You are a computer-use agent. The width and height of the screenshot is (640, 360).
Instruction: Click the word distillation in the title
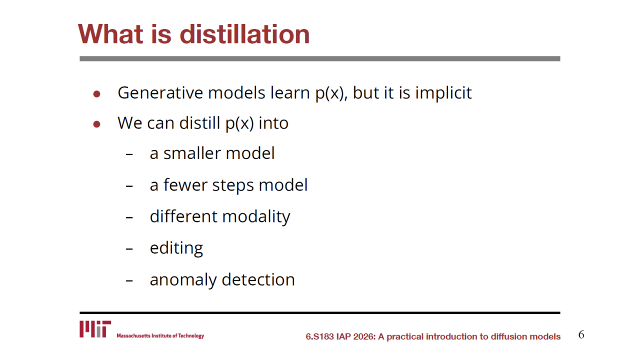pos(244,34)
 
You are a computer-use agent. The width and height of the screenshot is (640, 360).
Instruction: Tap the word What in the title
pos(110,34)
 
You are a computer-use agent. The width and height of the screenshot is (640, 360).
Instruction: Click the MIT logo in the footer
pos(95,329)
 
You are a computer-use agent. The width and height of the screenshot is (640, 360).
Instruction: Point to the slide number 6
pos(581,334)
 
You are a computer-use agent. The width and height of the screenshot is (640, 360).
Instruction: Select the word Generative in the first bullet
pos(160,92)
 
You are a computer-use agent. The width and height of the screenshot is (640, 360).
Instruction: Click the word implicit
pos(443,93)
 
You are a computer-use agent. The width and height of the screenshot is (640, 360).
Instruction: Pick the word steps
pos(233,186)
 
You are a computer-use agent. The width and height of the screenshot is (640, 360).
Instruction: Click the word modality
pos(256,217)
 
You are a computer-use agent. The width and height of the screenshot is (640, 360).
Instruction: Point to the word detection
pos(258,279)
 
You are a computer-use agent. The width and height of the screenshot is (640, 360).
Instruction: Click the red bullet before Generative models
pos(97,94)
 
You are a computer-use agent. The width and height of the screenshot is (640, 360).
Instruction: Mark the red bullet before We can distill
pos(97,124)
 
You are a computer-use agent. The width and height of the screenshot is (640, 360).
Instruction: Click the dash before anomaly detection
pos(129,280)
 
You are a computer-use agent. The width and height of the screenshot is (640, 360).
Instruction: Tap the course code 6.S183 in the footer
pos(319,336)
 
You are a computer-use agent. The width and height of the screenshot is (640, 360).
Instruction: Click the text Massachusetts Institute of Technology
pos(160,335)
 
